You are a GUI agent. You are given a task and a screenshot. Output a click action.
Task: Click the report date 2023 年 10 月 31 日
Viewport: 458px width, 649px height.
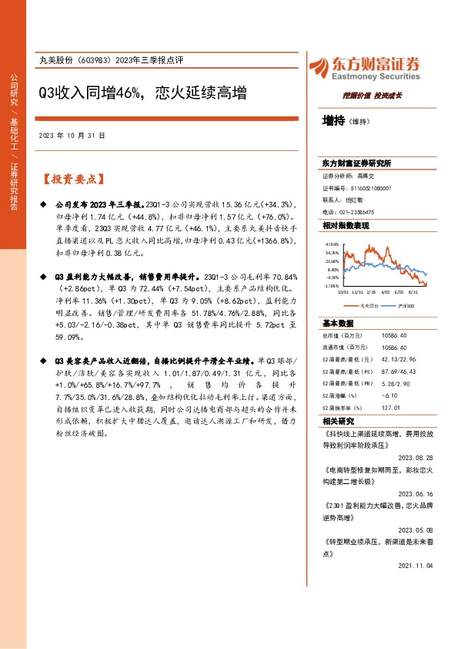click(72, 135)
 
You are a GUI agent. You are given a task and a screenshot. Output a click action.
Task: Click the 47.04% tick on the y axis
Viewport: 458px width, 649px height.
click(332, 243)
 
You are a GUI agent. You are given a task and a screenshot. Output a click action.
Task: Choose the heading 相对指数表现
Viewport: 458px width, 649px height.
click(346, 226)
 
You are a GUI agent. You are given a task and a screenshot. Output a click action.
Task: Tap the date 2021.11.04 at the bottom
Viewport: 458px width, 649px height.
click(417, 565)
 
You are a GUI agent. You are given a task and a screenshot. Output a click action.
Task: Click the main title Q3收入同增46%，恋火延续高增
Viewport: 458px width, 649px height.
click(142, 93)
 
